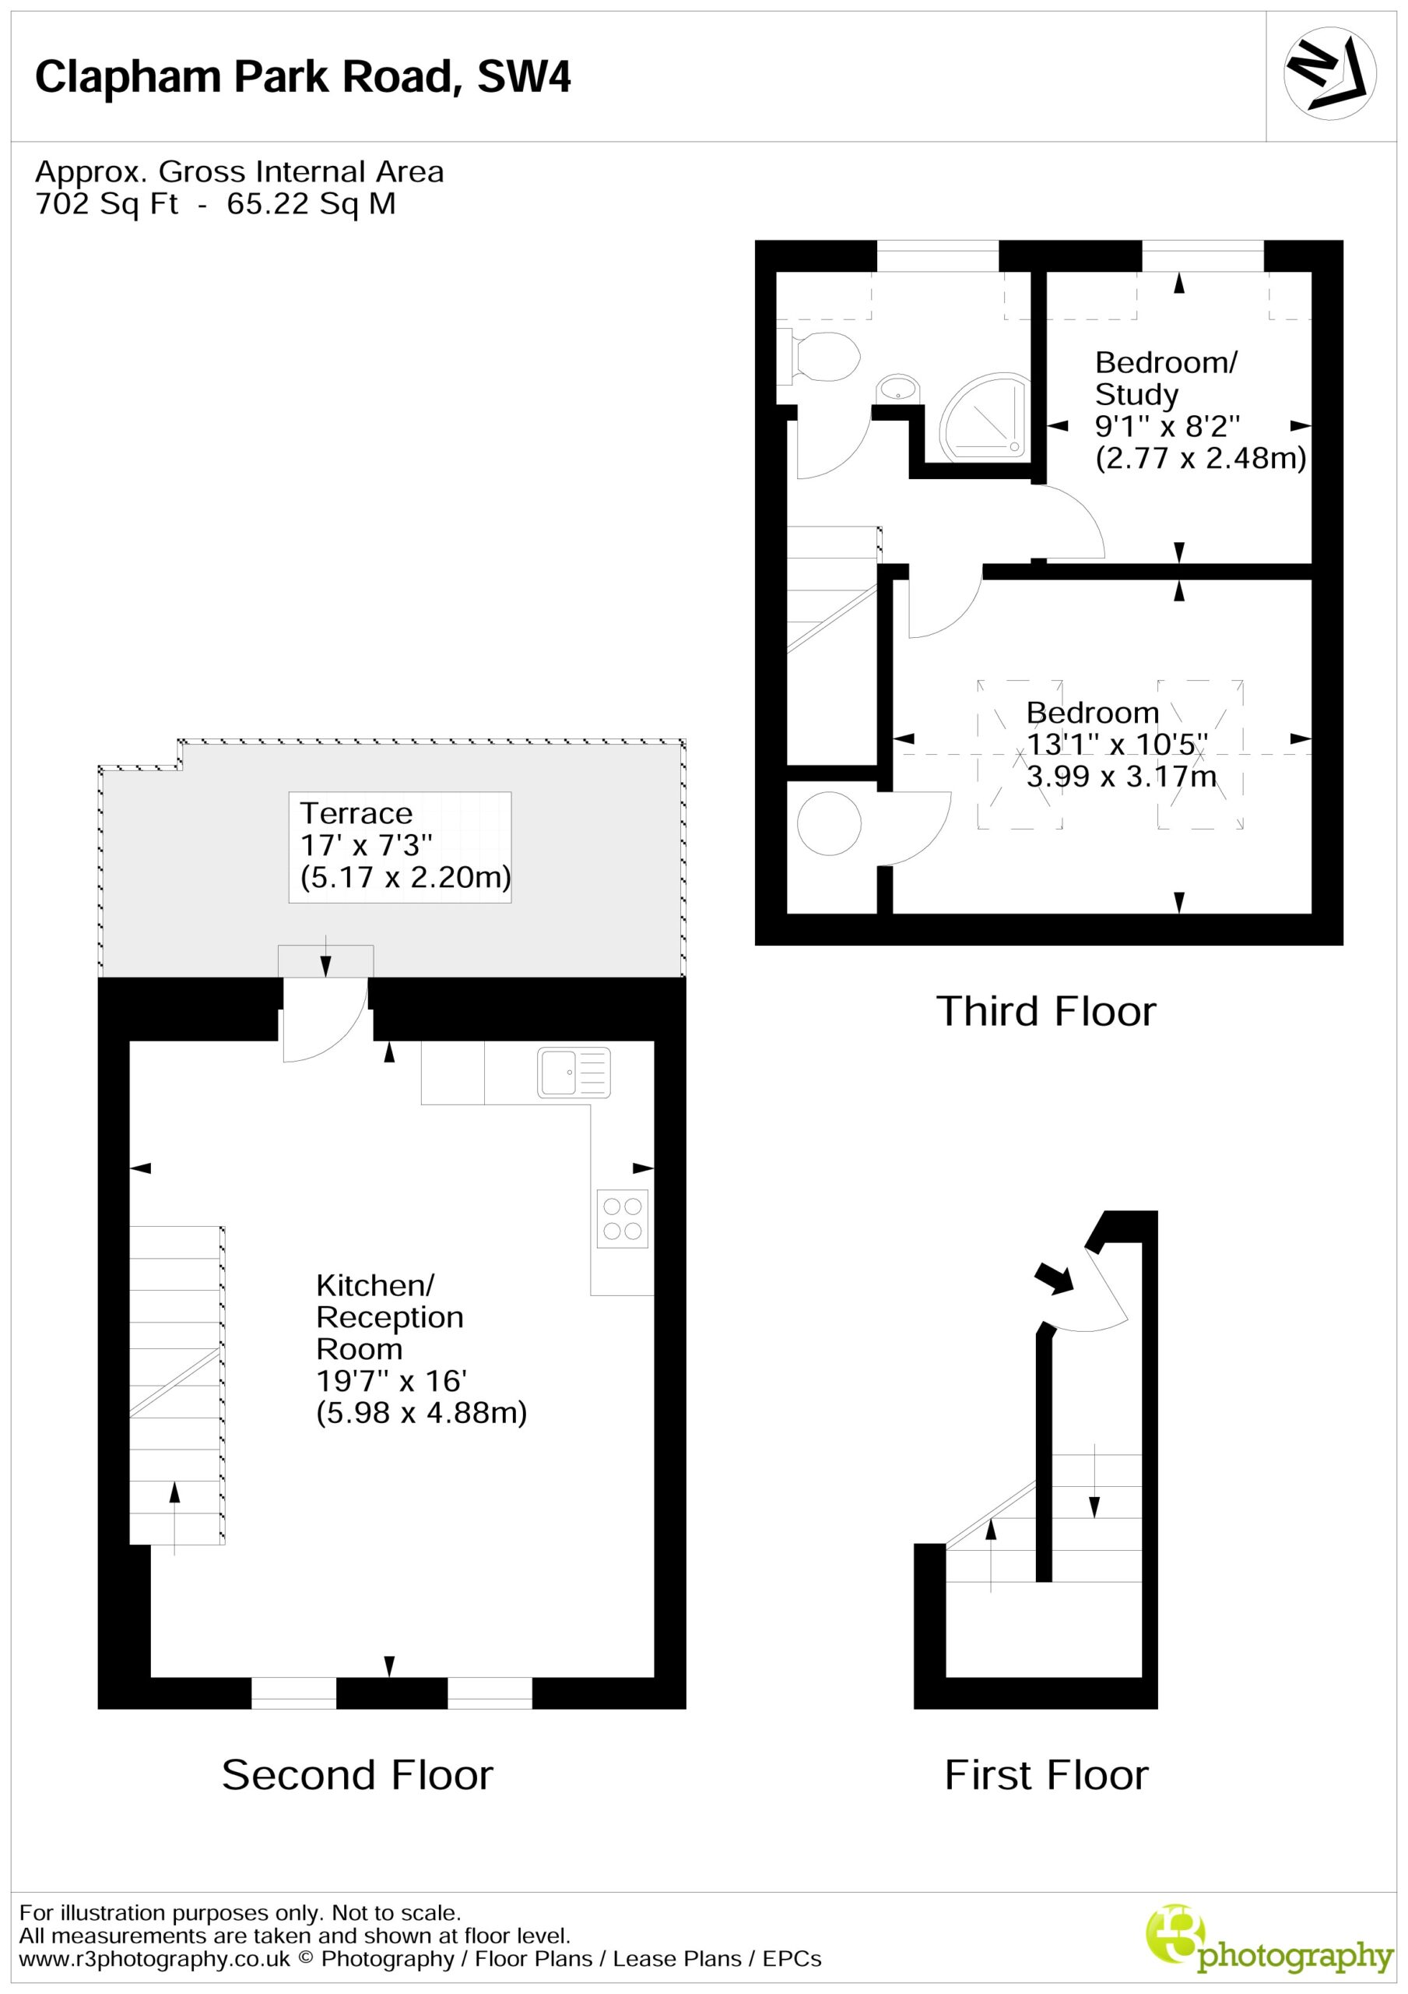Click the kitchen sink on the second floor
(x=574, y=1073)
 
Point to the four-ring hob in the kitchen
(x=623, y=1218)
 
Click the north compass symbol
(x=1329, y=73)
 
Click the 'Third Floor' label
(x=1046, y=1012)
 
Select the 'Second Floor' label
(x=357, y=1775)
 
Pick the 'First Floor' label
(x=1046, y=1775)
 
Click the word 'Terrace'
(x=356, y=814)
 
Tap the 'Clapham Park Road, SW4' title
(x=303, y=76)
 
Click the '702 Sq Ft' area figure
(x=107, y=204)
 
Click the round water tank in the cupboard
(x=829, y=823)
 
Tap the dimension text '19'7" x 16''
(x=392, y=1381)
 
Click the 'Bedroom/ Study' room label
(x=1166, y=378)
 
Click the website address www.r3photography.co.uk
(x=155, y=1958)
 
